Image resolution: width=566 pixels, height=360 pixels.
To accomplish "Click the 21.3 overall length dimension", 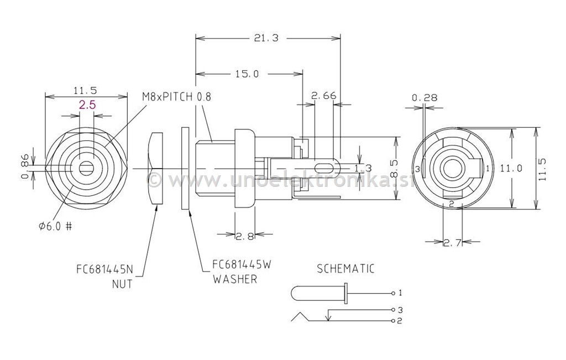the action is [266, 38].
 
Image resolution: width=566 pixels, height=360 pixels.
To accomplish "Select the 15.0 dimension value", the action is [247, 74].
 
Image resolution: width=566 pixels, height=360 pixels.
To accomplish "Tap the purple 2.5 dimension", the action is [87, 105].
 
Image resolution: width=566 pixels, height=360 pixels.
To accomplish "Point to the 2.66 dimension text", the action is [324, 96].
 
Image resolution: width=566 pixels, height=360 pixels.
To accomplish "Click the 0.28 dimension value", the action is [424, 97].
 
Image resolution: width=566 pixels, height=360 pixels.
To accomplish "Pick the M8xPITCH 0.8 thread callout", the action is [176, 96].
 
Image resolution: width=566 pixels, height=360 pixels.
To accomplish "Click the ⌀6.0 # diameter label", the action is [55, 226].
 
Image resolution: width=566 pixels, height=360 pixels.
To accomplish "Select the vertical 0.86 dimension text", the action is [25, 167].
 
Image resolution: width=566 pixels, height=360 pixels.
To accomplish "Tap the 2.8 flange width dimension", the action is [245, 237].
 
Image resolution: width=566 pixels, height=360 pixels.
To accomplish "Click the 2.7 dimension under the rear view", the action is [453, 243].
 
